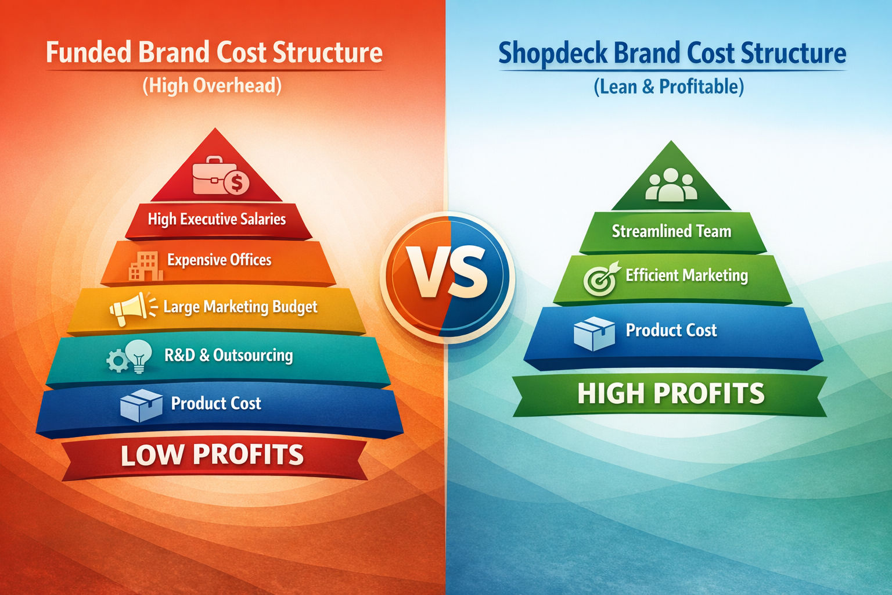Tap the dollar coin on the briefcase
[236, 183]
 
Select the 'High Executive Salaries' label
[217, 219]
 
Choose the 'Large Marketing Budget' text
[240, 307]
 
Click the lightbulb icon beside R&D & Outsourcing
[139, 355]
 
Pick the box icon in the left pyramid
[141, 404]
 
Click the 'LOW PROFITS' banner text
[212, 455]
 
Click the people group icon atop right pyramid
[671, 184]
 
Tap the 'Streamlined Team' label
[671, 231]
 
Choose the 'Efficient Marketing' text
[686, 275]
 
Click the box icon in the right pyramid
[594, 334]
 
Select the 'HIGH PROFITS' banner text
[671, 393]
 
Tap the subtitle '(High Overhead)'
[212, 86]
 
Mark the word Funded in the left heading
[88, 52]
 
